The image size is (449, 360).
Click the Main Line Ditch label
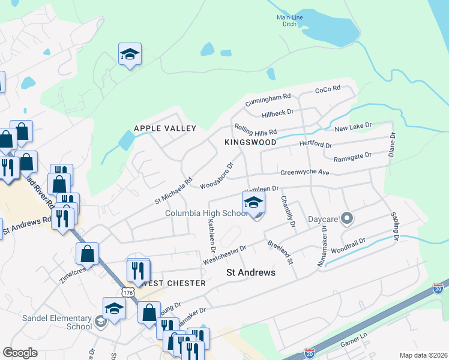289,21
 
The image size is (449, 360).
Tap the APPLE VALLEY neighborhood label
165,128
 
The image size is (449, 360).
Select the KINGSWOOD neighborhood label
250,142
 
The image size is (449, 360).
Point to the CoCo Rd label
328,89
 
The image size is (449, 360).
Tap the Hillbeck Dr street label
277,112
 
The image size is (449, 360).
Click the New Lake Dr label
353,127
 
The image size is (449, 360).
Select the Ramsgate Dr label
352,155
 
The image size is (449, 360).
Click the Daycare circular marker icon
346,219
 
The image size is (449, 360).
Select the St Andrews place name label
250,272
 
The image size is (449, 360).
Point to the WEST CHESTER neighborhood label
174,283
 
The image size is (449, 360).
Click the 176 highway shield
127,292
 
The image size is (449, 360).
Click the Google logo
20,352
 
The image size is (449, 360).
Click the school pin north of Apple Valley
130,55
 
